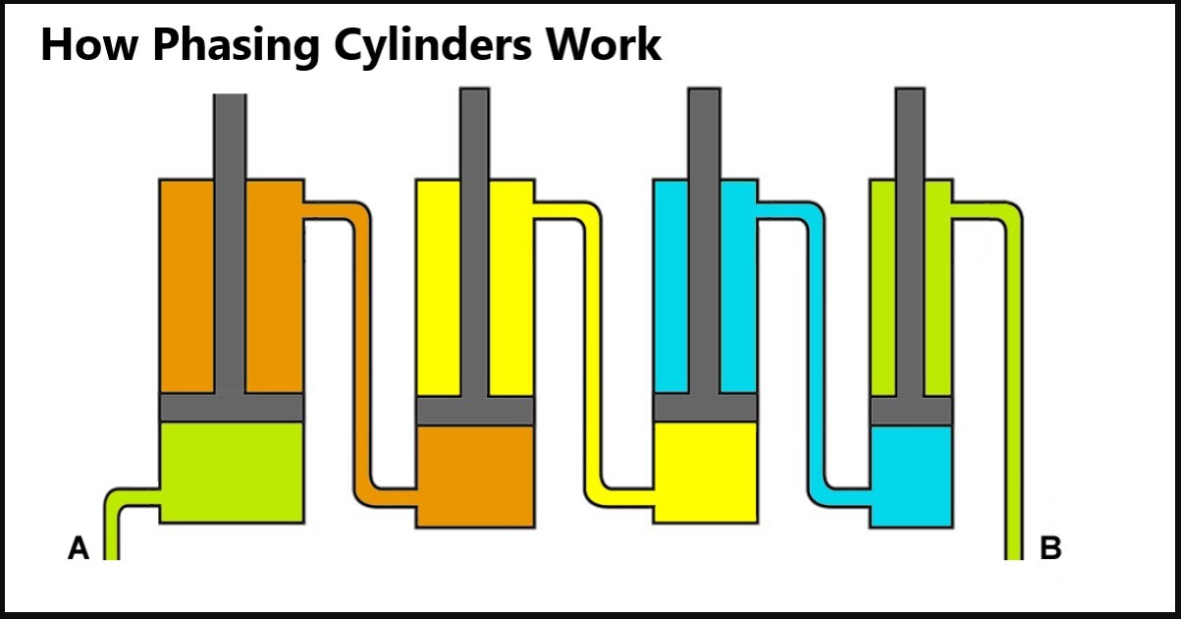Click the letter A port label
tap(79, 547)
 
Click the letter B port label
tap(1050, 547)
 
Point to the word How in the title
tap(81, 46)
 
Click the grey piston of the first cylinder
tap(231, 408)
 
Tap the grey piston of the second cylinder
tap(475, 411)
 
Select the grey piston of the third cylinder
tap(705, 408)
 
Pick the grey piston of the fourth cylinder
tap(911, 411)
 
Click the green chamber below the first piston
tap(231, 472)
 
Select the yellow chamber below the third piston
tap(705, 472)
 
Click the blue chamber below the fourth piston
tap(911, 477)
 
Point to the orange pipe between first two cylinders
tap(360, 354)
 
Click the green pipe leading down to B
tap(1014, 393)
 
